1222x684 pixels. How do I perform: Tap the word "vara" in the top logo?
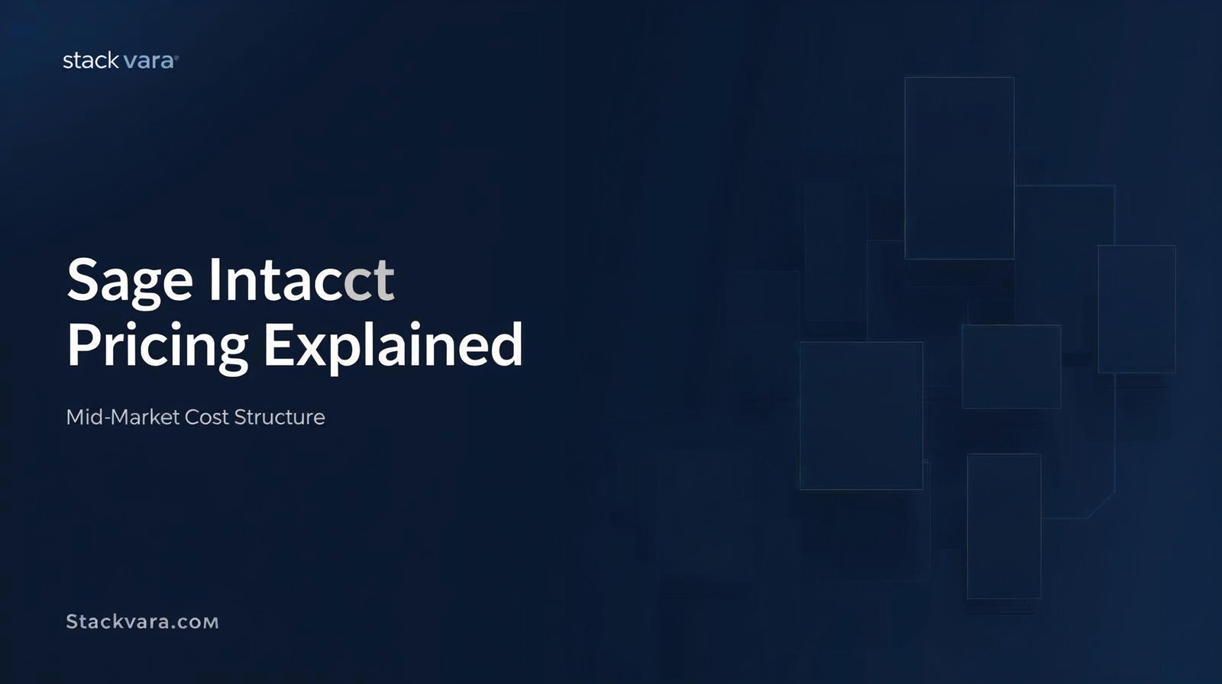coord(148,61)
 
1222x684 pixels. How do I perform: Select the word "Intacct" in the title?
coord(302,279)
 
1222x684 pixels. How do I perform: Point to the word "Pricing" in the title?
coord(157,347)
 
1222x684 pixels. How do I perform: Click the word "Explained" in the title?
coord(393,346)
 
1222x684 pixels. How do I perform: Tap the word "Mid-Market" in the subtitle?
coord(123,418)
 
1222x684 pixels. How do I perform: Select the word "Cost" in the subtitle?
coord(207,418)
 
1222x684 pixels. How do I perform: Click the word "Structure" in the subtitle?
coord(280,418)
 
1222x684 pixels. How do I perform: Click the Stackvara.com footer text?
coord(142,622)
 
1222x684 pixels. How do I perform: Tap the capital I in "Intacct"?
coord(215,279)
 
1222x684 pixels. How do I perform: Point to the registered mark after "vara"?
coord(176,56)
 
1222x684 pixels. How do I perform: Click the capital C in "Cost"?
coord(193,418)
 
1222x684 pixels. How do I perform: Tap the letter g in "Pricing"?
coord(233,353)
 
